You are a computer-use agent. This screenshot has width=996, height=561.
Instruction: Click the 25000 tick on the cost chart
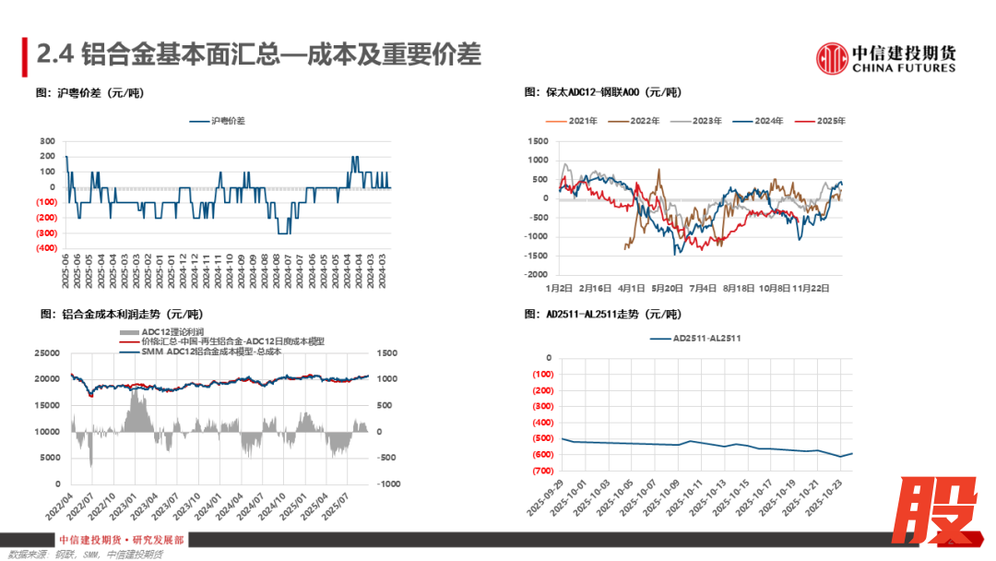(46, 353)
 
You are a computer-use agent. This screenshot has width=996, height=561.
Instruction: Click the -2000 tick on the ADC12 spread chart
(536, 275)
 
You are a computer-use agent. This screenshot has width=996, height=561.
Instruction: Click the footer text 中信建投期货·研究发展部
(121, 540)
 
